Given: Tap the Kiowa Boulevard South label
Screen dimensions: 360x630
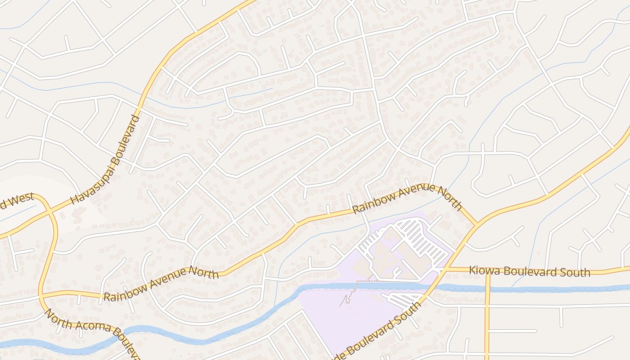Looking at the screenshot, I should (529, 271).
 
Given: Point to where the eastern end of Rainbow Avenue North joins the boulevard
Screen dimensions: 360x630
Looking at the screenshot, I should (476, 224).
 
